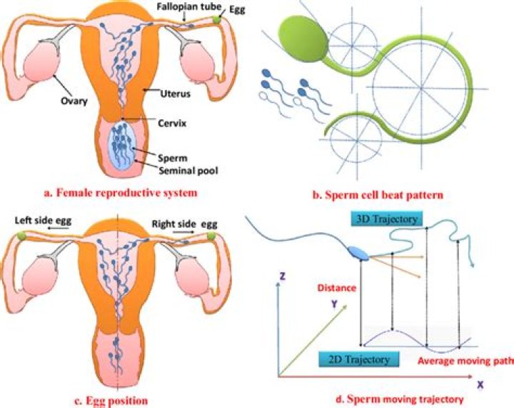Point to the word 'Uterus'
coord(164,93)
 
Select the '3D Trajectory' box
coord(388,216)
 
